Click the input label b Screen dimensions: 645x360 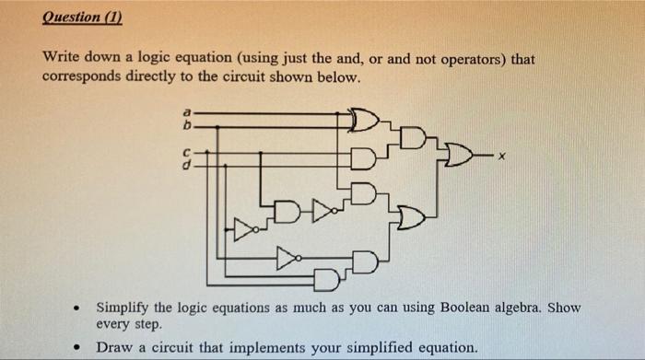(187, 122)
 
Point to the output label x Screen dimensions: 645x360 (501, 158)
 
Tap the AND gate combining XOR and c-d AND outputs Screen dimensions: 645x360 (414, 139)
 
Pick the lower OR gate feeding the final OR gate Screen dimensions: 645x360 (412, 217)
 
